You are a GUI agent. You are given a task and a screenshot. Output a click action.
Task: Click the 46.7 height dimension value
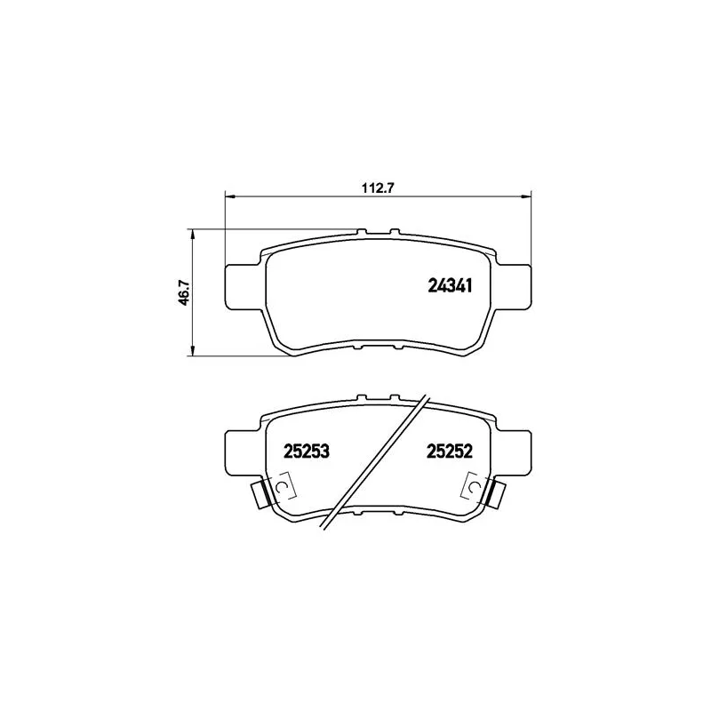[x=184, y=292]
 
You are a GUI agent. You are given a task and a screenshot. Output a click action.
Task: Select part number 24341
[x=451, y=285]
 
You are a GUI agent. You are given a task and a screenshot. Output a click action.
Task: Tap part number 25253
[x=306, y=451]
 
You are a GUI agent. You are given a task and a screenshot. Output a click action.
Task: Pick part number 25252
[x=450, y=451]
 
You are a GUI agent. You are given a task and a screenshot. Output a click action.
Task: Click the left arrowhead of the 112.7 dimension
[x=230, y=196]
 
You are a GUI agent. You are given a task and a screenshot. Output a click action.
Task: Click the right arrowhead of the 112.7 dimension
[x=525, y=196]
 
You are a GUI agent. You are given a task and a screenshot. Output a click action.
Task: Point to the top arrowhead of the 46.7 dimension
[x=193, y=234]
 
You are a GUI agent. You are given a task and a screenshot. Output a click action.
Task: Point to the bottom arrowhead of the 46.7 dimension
[x=193, y=350]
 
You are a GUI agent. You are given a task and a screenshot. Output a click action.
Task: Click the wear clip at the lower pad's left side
[x=261, y=494]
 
